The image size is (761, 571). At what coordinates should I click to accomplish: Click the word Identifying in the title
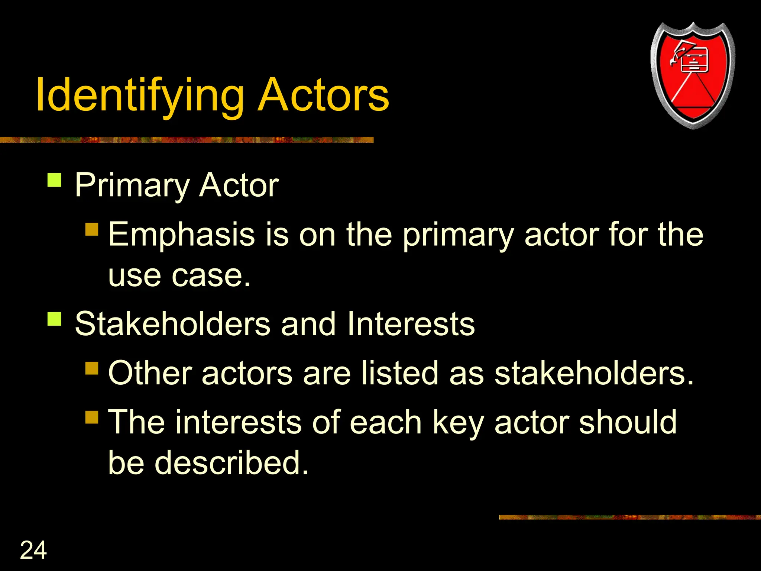140,96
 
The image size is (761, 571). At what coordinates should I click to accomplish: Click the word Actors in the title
323,95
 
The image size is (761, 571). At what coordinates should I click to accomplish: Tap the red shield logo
693,76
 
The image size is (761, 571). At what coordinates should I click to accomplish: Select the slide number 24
33,550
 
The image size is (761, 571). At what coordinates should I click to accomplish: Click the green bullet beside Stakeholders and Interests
55,319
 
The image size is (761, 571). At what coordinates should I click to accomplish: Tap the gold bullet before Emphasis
92,229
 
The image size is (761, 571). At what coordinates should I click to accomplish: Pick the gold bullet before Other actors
92,368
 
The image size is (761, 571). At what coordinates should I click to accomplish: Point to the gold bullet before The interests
92,417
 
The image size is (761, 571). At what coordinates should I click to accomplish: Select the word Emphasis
181,235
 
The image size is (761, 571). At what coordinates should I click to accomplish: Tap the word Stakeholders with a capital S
172,324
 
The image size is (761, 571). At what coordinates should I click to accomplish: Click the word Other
150,373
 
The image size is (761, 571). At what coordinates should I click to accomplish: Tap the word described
231,463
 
